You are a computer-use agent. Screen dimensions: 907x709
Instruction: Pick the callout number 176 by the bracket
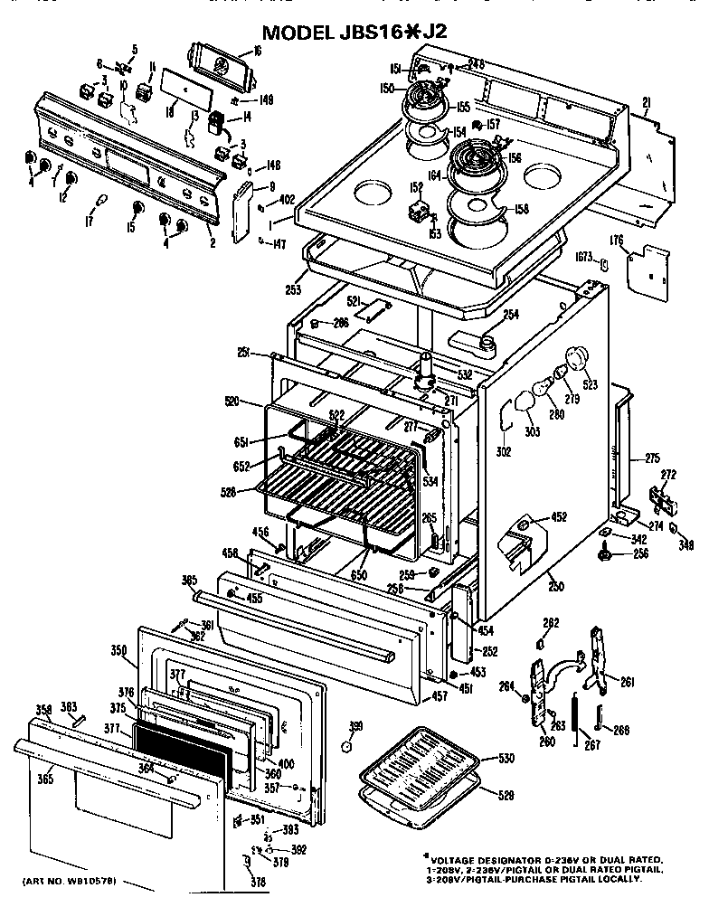coord(618,240)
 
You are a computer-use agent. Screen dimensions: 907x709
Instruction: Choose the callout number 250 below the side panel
coord(555,586)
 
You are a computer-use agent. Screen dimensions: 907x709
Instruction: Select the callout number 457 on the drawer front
coord(440,696)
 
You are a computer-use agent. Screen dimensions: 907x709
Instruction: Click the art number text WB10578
coord(91,881)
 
